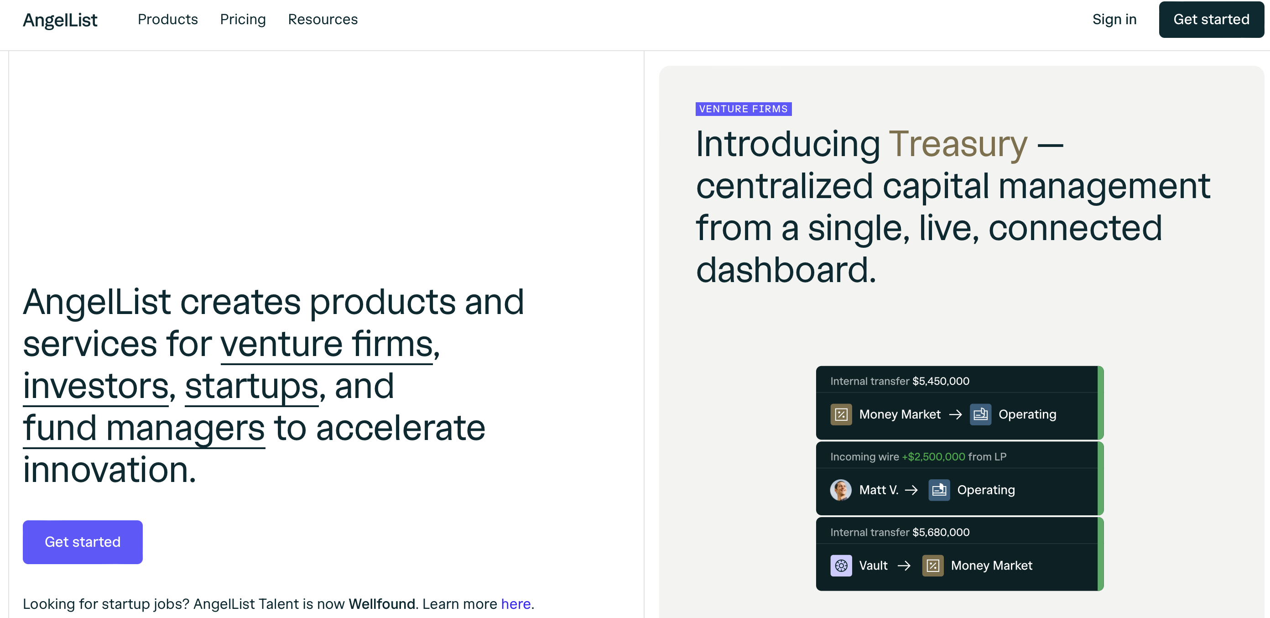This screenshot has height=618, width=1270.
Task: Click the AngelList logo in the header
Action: click(x=60, y=20)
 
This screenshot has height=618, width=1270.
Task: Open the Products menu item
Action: click(x=167, y=19)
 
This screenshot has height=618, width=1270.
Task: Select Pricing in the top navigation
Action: click(x=243, y=20)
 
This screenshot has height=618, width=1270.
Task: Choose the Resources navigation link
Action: click(x=323, y=19)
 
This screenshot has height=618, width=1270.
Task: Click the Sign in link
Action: click(x=1114, y=20)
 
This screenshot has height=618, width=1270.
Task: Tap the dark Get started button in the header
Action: click(x=1211, y=19)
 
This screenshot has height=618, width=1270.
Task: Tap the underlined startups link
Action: click(x=251, y=387)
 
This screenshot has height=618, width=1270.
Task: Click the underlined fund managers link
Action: click(x=144, y=429)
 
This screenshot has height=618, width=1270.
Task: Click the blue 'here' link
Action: click(x=515, y=604)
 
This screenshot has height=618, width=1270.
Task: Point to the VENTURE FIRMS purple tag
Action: click(x=744, y=109)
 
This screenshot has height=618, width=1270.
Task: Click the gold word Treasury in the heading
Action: click(x=958, y=144)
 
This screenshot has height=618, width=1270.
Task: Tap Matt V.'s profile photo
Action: click(x=841, y=490)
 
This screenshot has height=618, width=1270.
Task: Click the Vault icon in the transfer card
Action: click(x=841, y=565)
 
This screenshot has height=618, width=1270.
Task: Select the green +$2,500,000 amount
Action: click(x=933, y=457)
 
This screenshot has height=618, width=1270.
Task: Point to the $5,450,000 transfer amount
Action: click(x=941, y=381)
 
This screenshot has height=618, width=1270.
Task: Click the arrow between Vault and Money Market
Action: click(x=904, y=566)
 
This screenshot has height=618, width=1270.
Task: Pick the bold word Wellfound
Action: click(x=381, y=604)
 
